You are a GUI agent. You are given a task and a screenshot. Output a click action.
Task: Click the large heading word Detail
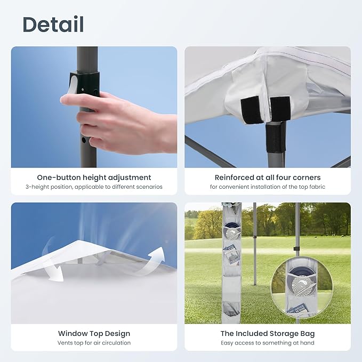tap(53, 24)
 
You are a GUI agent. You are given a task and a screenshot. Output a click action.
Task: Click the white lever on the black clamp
tap(73, 86)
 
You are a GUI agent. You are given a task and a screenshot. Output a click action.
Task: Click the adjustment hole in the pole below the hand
tap(84, 140)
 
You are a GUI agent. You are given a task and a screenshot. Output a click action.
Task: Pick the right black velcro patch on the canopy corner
tap(280, 109)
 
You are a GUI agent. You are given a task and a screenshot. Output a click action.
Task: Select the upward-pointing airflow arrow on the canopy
tap(150, 261)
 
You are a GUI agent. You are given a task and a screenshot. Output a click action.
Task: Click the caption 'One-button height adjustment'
tap(94, 178)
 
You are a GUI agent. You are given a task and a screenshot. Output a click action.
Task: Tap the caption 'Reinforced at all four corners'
tap(268, 178)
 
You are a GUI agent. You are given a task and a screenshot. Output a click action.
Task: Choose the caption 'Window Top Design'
tap(94, 333)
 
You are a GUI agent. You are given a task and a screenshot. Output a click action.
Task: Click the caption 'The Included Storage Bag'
tap(268, 333)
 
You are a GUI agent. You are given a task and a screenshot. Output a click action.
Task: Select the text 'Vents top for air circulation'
tap(94, 343)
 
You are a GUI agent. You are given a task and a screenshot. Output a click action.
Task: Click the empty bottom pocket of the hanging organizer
tap(231, 309)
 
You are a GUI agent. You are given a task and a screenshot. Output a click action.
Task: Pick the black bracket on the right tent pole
tap(295, 248)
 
